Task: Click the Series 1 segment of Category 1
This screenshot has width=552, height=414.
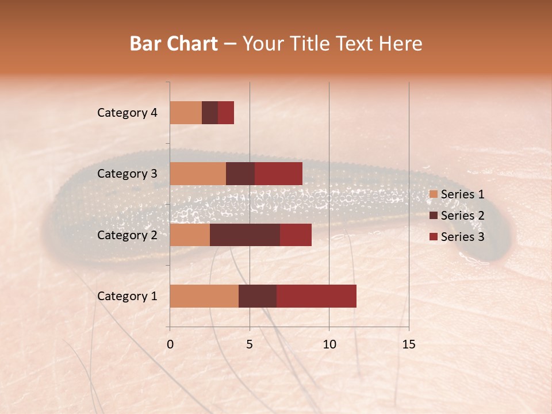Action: pyautogui.click(x=204, y=296)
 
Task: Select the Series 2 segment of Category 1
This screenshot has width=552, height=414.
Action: pyautogui.click(x=258, y=296)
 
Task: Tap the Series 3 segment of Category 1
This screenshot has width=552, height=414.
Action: pyautogui.click(x=316, y=296)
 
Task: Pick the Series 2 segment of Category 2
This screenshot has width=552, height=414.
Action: pyautogui.click(x=245, y=235)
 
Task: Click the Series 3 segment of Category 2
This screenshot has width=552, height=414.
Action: pyautogui.click(x=296, y=235)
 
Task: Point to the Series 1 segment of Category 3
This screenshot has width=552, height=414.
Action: pyautogui.click(x=198, y=174)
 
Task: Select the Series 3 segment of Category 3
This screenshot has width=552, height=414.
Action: pyautogui.click(x=278, y=174)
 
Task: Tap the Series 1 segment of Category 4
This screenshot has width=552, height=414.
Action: pyautogui.click(x=186, y=113)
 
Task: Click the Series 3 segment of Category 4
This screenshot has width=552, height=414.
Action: pyautogui.click(x=226, y=113)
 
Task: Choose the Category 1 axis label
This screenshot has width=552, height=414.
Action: pyautogui.click(x=126, y=296)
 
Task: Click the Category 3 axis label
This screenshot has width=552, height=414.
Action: pyautogui.click(x=126, y=174)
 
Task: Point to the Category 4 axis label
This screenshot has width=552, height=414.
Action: pyautogui.click(x=126, y=113)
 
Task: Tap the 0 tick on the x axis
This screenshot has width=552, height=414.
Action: pyautogui.click(x=170, y=344)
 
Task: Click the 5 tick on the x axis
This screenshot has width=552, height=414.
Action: pyautogui.click(x=250, y=344)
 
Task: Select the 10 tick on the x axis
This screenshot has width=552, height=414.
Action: pyautogui.click(x=329, y=344)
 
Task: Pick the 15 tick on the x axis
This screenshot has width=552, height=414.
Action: pyautogui.click(x=408, y=344)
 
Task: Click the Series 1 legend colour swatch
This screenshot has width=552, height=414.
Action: pyautogui.click(x=433, y=194)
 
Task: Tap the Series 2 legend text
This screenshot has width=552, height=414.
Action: pyautogui.click(x=462, y=216)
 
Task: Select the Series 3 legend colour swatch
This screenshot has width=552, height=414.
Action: pyautogui.click(x=433, y=237)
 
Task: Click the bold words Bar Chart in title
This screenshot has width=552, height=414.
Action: pyautogui.click(x=174, y=44)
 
